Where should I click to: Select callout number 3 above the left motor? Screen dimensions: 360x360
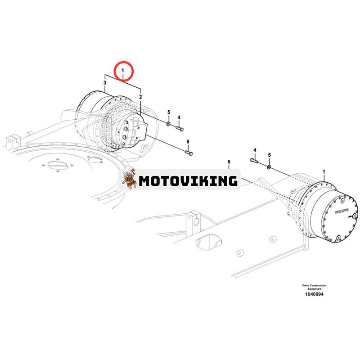pyautogui.click(x=105, y=83)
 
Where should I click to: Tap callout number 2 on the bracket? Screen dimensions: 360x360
pyautogui.click(x=140, y=97)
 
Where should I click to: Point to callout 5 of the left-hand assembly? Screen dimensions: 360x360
pyautogui.click(x=169, y=112)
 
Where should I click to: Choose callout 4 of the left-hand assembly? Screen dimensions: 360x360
pyautogui.click(x=179, y=117)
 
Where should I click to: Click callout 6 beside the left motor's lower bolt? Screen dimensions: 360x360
pyautogui.click(x=188, y=142)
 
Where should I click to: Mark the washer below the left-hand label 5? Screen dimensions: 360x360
pyautogui.click(x=168, y=123)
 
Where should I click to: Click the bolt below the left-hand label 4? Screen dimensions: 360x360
pyautogui.click(x=179, y=129)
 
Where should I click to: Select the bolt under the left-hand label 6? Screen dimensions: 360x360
pyautogui.click(x=189, y=153)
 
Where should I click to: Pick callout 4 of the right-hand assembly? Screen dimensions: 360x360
pyautogui.click(x=254, y=149)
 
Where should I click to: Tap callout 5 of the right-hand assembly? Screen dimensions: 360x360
pyautogui.click(x=270, y=155)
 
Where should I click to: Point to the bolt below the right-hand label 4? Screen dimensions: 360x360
pyautogui.click(x=254, y=160)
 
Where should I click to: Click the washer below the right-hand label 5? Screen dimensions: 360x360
pyautogui.click(x=269, y=166)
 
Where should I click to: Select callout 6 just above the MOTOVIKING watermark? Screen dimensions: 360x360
pyautogui.click(x=229, y=162)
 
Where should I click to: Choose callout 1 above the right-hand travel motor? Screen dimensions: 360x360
pyautogui.click(x=324, y=172)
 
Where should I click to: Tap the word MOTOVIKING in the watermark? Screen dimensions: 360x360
pyautogui.click(x=188, y=181)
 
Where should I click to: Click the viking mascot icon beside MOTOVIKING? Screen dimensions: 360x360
pyautogui.click(x=130, y=180)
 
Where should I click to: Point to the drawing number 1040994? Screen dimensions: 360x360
pyautogui.click(x=314, y=294)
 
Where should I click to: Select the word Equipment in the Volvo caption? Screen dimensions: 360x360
pyautogui.click(x=314, y=288)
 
